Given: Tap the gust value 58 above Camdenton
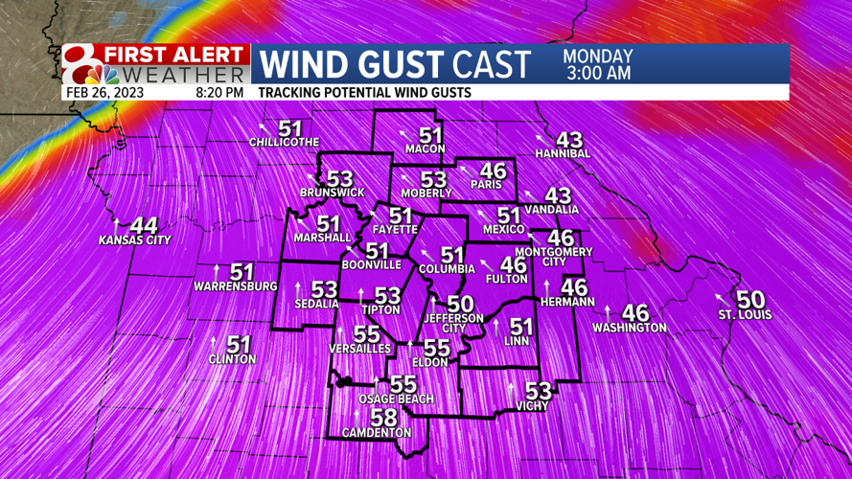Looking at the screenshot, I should (x=383, y=419).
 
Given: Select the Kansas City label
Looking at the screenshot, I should (x=134, y=240).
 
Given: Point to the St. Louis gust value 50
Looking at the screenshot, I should (x=750, y=300).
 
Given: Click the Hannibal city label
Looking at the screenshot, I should (x=564, y=153).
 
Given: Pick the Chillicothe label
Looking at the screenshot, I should (x=284, y=143).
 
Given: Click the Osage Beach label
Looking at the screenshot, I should (x=396, y=399).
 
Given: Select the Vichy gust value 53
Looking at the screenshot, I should (x=539, y=391).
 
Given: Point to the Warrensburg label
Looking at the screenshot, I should (x=236, y=286).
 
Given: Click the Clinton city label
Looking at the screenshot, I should (x=233, y=359).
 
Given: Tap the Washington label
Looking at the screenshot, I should (x=629, y=328).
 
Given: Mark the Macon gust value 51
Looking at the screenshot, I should (x=431, y=136).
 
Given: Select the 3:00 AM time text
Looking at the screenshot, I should (x=597, y=73).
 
